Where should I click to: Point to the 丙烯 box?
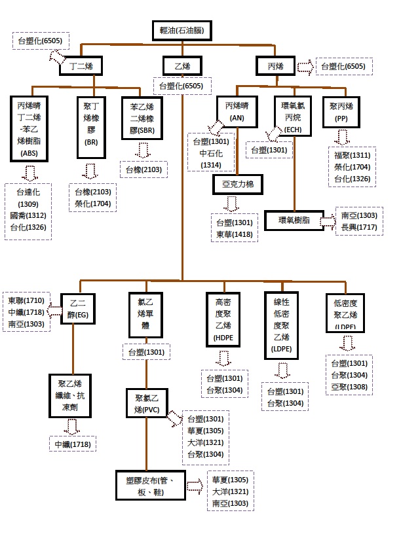pos(275,66)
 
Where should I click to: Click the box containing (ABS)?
pos(29,128)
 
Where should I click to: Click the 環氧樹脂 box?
pos(295,221)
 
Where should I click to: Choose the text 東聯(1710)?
pos(26,300)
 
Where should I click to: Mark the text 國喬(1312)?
pos(27,215)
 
